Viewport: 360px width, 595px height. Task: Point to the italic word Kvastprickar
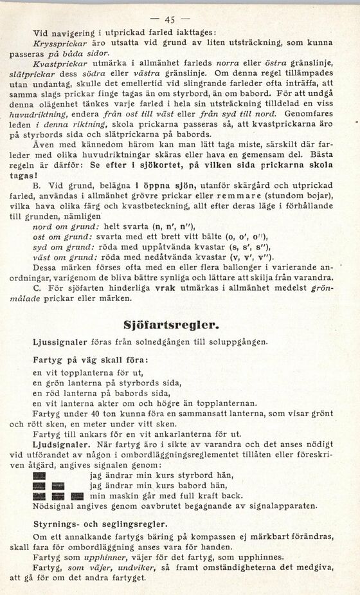point(56,65)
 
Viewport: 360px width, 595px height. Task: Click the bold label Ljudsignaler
point(57,444)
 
